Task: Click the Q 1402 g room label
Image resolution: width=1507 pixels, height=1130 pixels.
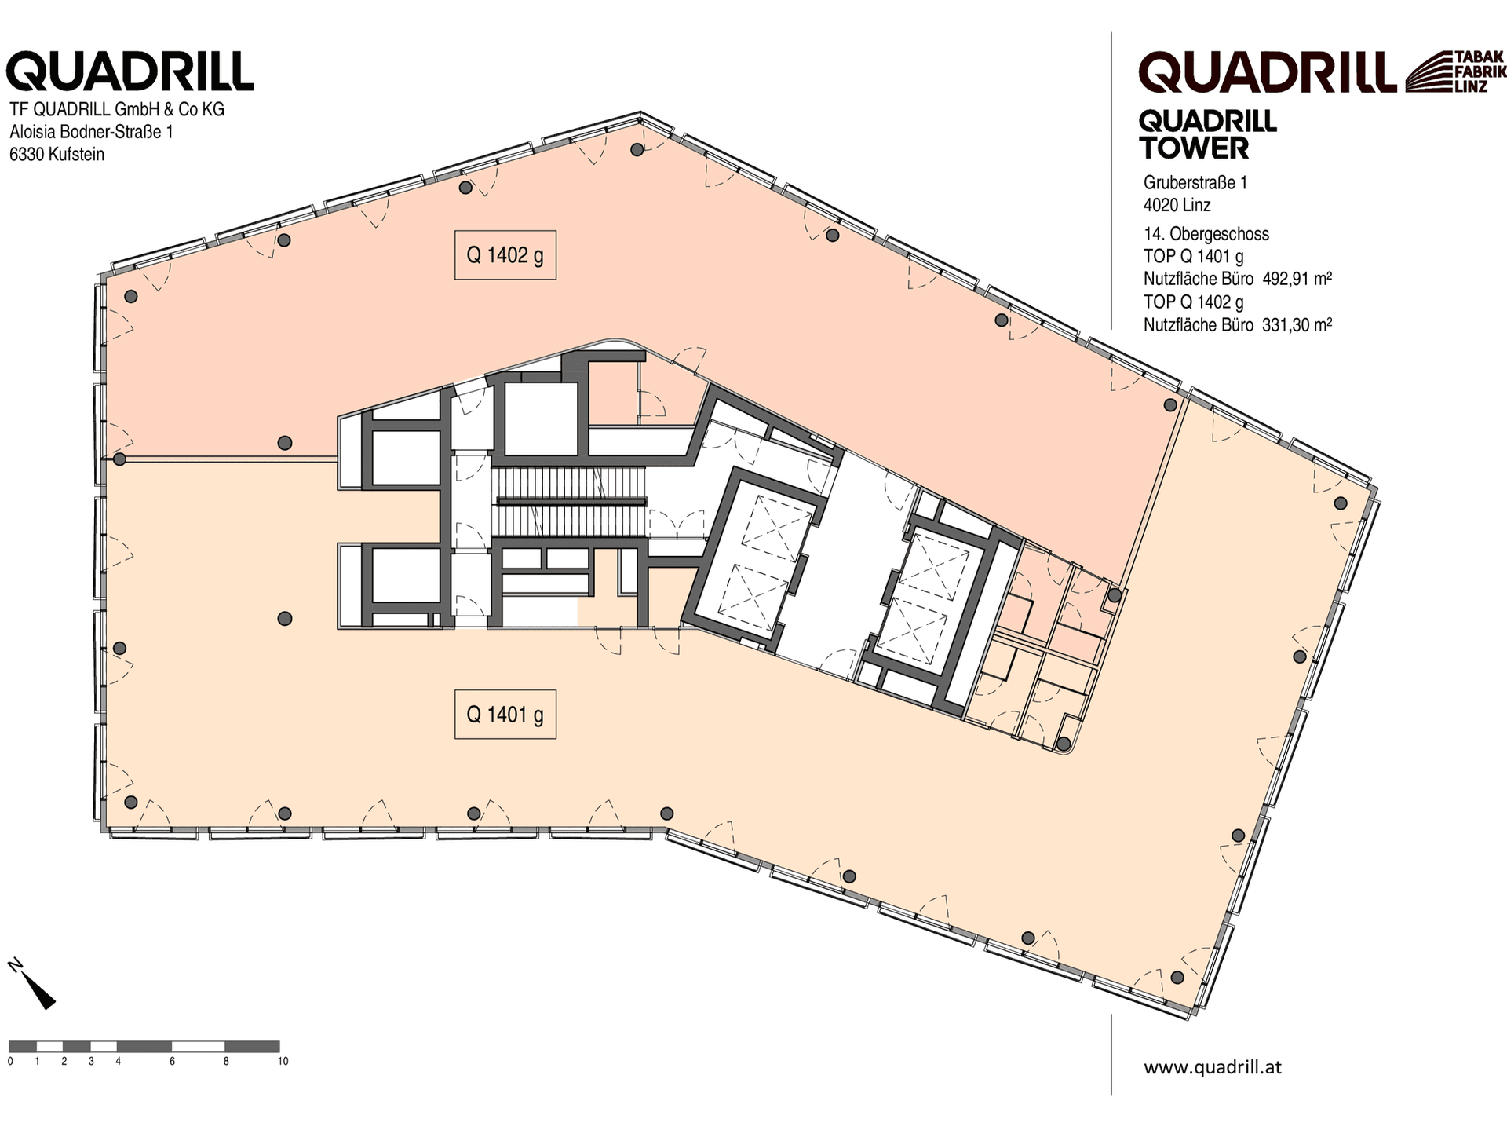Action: tap(505, 255)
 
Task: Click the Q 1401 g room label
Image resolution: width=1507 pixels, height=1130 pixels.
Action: tap(505, 715)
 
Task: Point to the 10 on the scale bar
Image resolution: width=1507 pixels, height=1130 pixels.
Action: tap(283, 1062)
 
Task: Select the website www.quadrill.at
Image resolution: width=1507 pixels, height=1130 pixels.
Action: tap(1213, 1066)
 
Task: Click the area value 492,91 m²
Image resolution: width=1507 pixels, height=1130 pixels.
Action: tap(1297, 279)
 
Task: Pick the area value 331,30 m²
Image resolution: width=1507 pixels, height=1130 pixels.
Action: tap(1297, 324)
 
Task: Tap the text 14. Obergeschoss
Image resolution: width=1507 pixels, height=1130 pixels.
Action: tap(1206, 234)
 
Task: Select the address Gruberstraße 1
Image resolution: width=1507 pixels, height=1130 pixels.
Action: tap(1195, 183)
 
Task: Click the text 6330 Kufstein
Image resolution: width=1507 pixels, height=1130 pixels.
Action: tap(57, 154)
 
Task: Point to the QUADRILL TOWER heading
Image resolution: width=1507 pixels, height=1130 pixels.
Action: tap(1208, 135)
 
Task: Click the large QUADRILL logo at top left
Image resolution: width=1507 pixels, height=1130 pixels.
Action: tap(130, 72)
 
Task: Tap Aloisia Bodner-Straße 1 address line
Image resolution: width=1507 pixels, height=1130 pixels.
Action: tap(91, 131)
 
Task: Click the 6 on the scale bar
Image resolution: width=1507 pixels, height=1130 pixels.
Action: tap(172, 1062)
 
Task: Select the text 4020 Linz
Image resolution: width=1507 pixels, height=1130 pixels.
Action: tap(1177, 206)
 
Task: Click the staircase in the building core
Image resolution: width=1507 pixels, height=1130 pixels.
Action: tap(569, 502)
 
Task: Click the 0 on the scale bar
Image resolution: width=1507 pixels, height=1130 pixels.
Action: tap(10, 1062)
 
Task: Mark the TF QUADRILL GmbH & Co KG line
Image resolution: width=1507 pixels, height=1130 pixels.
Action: tap(117, 109)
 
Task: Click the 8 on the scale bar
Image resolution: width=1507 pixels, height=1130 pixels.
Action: tap(226, 1062)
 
